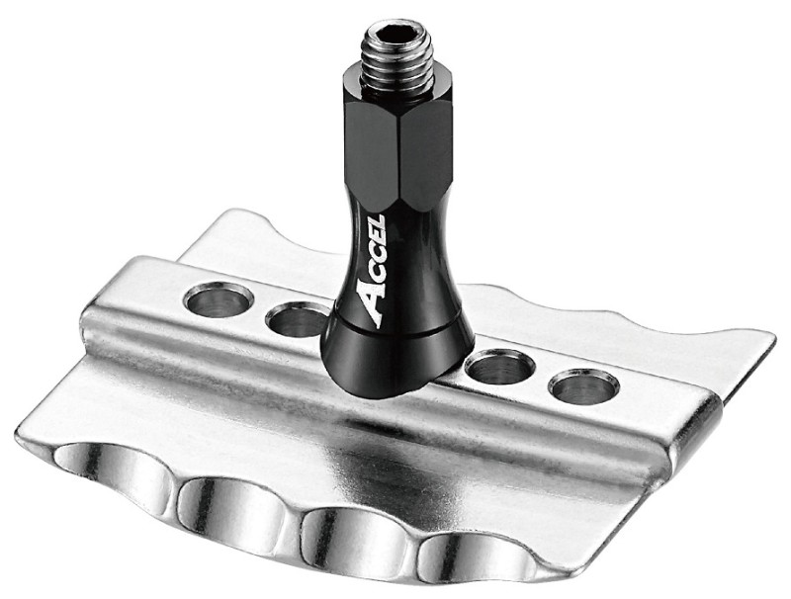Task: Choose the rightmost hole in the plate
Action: tap(583, 386)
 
